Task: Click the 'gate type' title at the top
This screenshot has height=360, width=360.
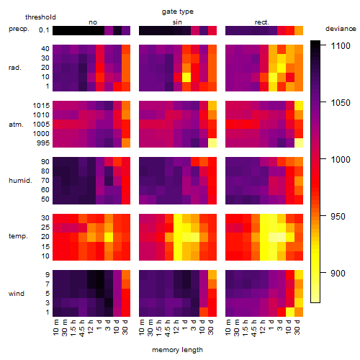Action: (x=178, y=12)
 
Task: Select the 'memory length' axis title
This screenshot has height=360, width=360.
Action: (x=177, y=350)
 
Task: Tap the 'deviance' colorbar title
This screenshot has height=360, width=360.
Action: (x=341, y=29)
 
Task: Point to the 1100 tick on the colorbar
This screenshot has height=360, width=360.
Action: (x=323, y=45)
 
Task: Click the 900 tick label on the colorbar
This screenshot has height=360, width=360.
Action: (x=338, y=273)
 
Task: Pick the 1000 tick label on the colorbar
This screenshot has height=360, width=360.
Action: (x=341, y=159)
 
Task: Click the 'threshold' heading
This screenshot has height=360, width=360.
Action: (x=40, y=17)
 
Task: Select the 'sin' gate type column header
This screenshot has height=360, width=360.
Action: (x=177, y=22)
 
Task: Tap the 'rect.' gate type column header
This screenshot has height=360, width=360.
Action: (x=261, y=22)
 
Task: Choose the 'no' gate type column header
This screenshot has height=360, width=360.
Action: (x=93, y=22)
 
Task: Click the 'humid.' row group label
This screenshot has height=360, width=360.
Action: (x=20, y=181)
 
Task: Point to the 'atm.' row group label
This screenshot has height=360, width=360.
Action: (x=16, y=125)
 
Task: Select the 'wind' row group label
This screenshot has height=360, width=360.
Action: (x=17, y=294)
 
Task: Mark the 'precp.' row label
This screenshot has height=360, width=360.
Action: (x=19, y=29)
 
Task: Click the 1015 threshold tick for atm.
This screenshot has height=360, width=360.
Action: (x=41, y=106)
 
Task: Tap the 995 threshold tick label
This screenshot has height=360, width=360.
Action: (x=43, y=143)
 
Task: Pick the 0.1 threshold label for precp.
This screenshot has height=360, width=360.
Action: (x=44, y=30)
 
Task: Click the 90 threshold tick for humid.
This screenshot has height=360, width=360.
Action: (x=45, y=162)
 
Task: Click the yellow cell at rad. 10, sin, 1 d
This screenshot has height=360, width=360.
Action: (x=186, y=77)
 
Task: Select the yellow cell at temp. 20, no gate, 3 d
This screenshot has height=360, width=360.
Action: (x=109, y=238)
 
